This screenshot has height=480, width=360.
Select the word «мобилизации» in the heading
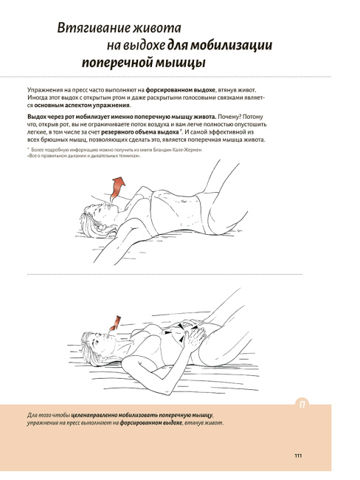tap(231, 45)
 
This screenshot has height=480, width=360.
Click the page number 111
tap(298, 456)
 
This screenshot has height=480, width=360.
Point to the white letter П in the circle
tap(302, 405)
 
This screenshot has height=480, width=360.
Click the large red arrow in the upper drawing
tap(117, 189)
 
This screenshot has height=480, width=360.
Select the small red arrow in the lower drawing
tap(115, 323)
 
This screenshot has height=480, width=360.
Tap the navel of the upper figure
tap(184, 202)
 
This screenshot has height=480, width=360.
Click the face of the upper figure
tap(105, 211)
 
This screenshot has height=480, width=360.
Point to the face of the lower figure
tap(104, 339)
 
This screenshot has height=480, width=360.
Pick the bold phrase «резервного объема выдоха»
tap(139, 132)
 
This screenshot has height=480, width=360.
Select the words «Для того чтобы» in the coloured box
tap(49, 416)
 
